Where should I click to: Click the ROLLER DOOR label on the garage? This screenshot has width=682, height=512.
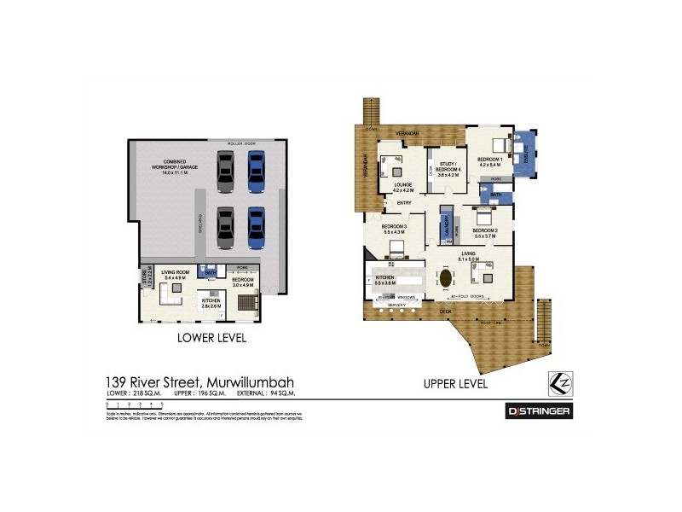click(x=242, y=143)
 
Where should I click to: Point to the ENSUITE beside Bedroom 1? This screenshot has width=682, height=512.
click(x=525, y=155)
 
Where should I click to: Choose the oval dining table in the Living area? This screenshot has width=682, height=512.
click(x=446, y=278)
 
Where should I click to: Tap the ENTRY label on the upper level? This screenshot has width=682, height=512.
click(x=404, y=203)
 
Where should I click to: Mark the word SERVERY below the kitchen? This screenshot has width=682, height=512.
click(x=396, y=304)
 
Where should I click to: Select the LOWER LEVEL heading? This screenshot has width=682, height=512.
click(x=211, y=338)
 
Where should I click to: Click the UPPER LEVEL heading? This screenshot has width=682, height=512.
click(x=456, y=384)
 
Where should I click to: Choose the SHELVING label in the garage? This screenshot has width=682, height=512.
click(x=200, y=224)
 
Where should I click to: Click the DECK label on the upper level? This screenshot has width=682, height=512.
click(x=444, y=312)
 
